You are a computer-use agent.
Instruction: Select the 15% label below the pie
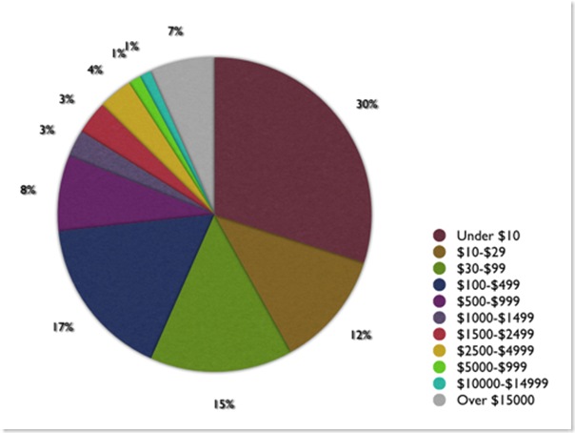224,404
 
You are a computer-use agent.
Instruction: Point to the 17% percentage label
63,327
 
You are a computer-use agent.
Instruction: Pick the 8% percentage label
29,190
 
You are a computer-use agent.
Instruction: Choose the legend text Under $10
488,235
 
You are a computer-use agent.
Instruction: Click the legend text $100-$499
488,283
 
